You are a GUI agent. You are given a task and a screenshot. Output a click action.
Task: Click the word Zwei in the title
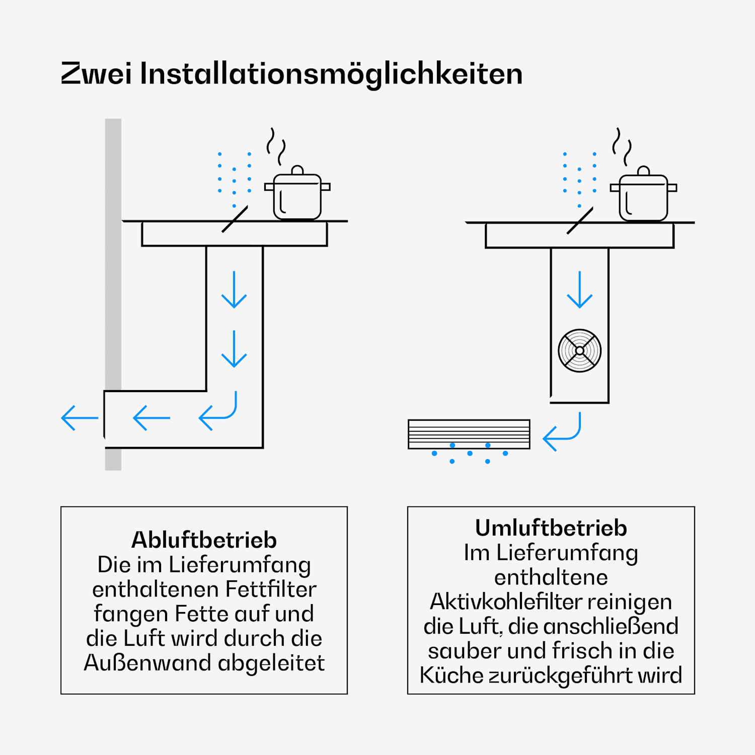click(x=97, y=73)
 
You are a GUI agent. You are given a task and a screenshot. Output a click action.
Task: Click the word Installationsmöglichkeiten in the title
click(x=332, y=74)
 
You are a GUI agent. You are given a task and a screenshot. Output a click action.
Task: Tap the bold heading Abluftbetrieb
click(x=204, y=540)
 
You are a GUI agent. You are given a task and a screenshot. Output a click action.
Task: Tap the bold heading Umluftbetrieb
click(x=551, y=528)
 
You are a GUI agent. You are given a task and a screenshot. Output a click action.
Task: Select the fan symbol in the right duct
click(x=580, y=351)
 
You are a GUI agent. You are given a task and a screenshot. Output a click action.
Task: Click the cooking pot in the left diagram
click(x=297, y=193)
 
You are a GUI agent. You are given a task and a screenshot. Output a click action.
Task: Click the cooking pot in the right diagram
click(x=643, y=194)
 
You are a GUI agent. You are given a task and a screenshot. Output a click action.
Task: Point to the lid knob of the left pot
click(x=297, y=170)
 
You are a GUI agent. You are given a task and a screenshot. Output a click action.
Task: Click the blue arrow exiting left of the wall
click(x=80, y=418)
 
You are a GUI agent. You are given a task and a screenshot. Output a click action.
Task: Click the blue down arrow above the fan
click(x=580, y=289)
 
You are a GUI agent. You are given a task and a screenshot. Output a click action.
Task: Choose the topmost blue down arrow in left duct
click(x=234, y=289)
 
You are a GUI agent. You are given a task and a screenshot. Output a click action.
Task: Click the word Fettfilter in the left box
click(x=271, y=589)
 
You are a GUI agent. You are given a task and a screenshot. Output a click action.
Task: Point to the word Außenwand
click(x=148, y=663)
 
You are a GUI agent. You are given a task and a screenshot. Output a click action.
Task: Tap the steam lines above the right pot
click(x=622, y=147)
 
